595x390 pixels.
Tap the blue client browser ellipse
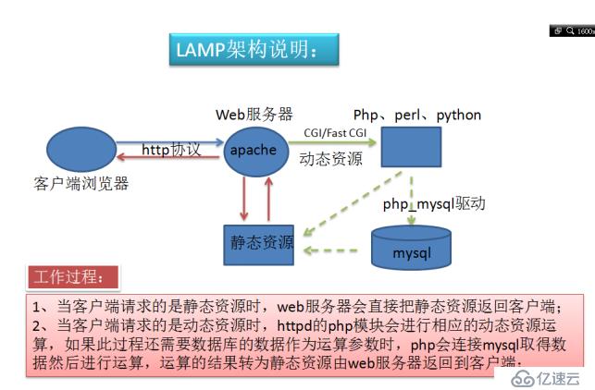pos(81,151)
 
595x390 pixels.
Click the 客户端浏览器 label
pos(81,184)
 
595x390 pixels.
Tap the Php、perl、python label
pos(417,116)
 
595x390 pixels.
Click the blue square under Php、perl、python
pos(411,147)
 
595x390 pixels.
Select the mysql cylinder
pos(411,247)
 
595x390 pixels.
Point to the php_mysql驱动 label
pos(434,204)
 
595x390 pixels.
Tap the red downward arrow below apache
pos(244,199)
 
